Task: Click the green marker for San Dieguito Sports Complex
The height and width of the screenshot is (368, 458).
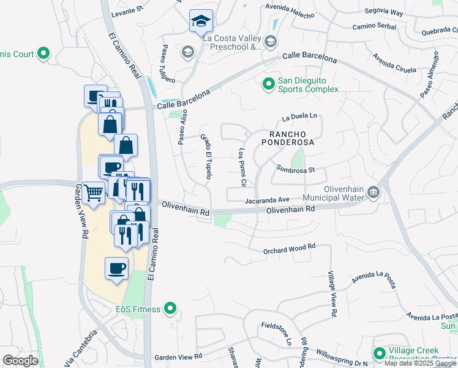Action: click(x=268, y=83)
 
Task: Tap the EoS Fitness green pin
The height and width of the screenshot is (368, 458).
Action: click(x=171, y=309)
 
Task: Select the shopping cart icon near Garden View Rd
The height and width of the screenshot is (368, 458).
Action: click(x=94, y=193)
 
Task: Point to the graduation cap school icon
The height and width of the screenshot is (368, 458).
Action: click(x=200, y=22)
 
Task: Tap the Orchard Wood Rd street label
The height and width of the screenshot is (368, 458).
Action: click(x=289, y=248)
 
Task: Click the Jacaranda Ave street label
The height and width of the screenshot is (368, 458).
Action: click(x=267, y=200)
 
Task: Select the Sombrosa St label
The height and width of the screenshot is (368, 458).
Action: click(x=295, y=169)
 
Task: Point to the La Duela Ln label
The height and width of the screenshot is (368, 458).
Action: click(x=301, y=115)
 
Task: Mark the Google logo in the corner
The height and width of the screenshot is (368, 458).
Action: click(x=20, y=360)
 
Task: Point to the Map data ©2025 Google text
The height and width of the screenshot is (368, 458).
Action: click(x=420, y=363)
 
